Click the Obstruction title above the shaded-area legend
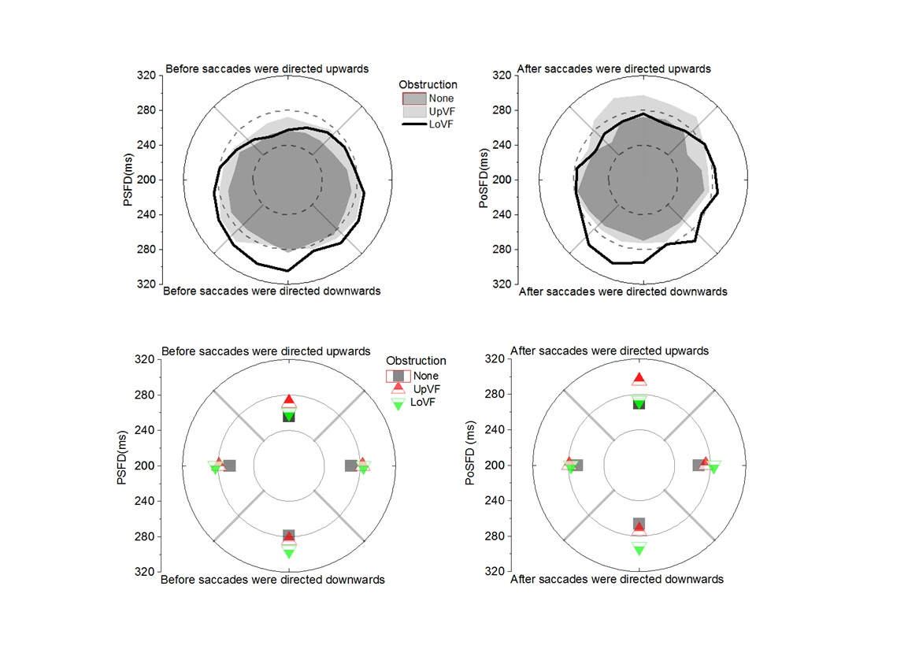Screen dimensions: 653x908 coord(428,85)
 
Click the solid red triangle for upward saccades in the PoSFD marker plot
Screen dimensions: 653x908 coord(639,378)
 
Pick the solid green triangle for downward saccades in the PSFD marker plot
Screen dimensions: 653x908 coord(289,554)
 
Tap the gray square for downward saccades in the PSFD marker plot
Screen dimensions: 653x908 coord(289,536)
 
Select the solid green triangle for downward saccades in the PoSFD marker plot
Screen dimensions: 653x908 coord(639,550)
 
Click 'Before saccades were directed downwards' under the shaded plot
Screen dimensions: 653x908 coord(272,291)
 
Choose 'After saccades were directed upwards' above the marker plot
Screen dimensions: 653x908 coord(610,351)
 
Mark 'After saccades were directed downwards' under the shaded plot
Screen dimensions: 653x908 coord(623,291)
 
